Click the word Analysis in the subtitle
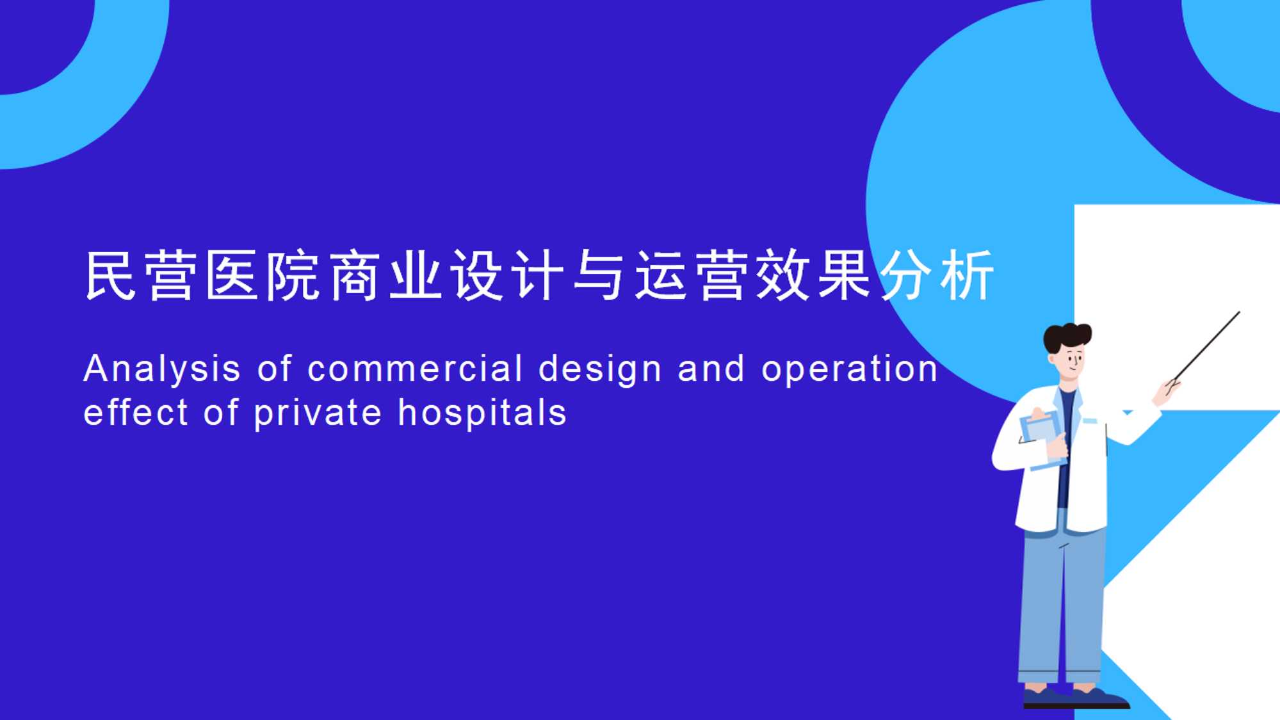[162, 370]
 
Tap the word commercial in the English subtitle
[415, 369]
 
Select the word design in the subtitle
[600, 370]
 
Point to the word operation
[850, 370]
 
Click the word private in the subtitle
[318, 413]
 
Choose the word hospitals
[482, 413]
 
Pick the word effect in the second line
[136, 412]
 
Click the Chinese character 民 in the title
[111, 275]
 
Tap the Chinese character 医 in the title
[232, 275]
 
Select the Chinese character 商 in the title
[354, 275]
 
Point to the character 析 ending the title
[967, 275]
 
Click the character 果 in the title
[845, 275]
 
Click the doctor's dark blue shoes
[1076, 697]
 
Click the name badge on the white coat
[1090, 420]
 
